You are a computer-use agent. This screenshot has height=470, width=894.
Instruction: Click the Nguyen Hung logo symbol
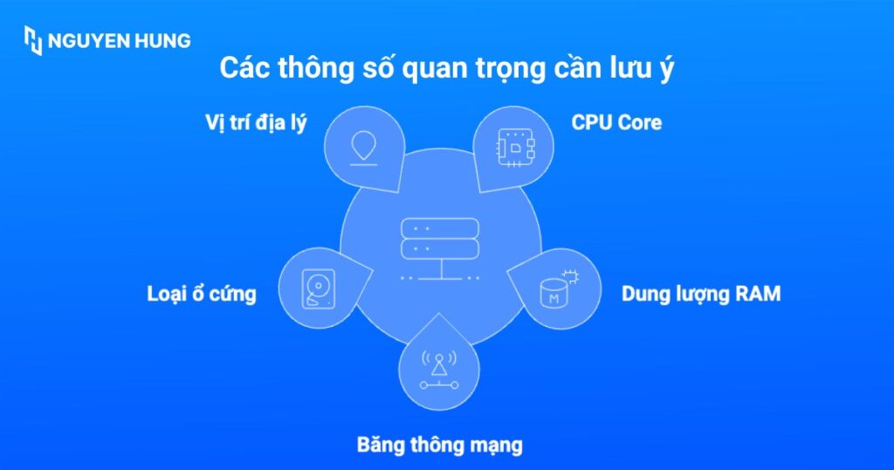pyautogui.click(x=33, y=40)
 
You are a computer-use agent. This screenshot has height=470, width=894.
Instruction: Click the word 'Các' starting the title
pyautogui.click(x=244, y=69)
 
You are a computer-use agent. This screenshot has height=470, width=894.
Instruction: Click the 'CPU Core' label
pyautogui.click(x=616, y=122)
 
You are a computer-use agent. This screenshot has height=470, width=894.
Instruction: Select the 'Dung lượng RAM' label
pyautogui.click(x=700, y=294)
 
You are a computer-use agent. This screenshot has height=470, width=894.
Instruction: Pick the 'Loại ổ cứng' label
pyautogui.click(x=202, y=294)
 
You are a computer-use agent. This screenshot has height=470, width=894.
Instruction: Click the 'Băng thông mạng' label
pyautogui.click(x=439, y=445)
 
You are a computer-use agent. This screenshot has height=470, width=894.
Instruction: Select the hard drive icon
pyautogui.click(x=318, y=289)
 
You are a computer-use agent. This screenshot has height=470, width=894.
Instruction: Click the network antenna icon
pyautogui.click(x=439, y=369)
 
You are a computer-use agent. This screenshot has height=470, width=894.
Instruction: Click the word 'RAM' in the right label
pyautogui.click(x=756, y=294)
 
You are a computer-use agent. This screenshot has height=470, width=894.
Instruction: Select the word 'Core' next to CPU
pyautogui.click(x=639, y=122)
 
